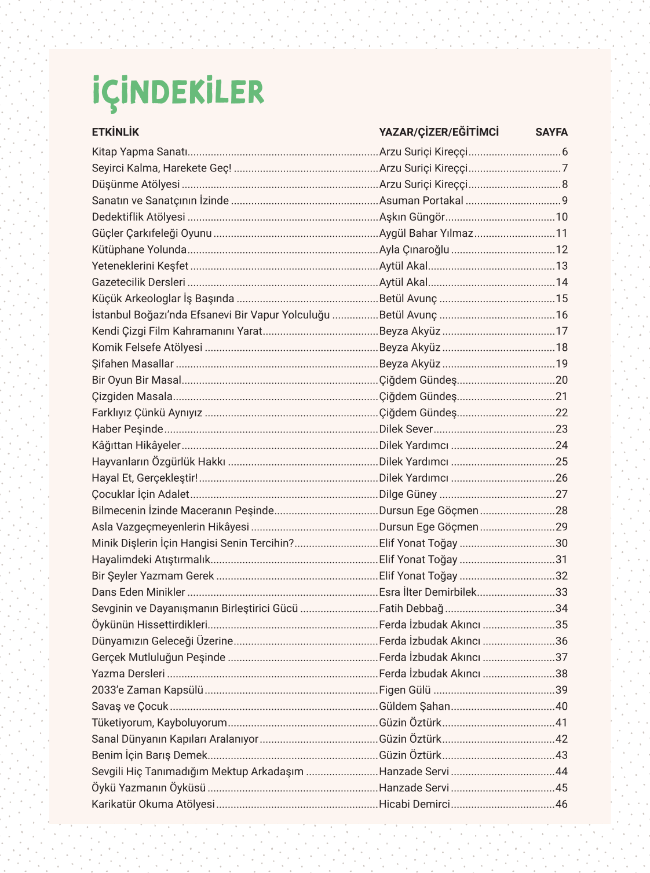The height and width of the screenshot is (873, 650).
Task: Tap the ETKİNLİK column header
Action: click(x=115, y=132)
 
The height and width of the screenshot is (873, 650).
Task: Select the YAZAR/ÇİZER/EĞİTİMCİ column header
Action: click(x=439, y=132)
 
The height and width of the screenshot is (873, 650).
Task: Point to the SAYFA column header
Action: click(x=551, y=132)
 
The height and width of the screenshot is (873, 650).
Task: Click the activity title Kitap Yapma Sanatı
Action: click(x=140, y=152)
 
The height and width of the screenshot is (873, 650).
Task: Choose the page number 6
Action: click(x=564, y=152)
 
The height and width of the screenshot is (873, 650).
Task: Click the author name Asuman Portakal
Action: click(x=421, y=201)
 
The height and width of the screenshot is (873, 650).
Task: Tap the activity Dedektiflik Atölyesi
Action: click(x=138, y=217)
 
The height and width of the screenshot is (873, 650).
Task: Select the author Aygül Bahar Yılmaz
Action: click(x=426, y=233)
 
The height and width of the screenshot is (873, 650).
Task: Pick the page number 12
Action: click(x=561, y=250)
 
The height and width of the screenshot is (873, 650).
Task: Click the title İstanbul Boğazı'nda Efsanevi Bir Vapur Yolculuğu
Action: click(x=211, y=315)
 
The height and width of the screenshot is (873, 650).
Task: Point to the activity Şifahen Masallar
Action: click(x=133, y=364)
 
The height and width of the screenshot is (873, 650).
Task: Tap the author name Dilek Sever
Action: click(x=406, y=429)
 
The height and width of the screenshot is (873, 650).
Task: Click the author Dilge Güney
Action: click(x=408, y=494)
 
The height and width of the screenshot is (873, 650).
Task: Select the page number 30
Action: click(x=561, y=543)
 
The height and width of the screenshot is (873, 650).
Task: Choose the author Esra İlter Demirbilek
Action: click(x=428, y=592)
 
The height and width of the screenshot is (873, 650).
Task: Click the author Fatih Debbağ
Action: click(x=411, y=608)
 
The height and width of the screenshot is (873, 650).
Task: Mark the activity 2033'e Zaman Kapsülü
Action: click(x=147, y=690)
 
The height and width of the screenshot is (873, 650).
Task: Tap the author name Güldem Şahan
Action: click(x=414, y=706)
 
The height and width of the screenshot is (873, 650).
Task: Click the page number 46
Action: click(x=561, y=804)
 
